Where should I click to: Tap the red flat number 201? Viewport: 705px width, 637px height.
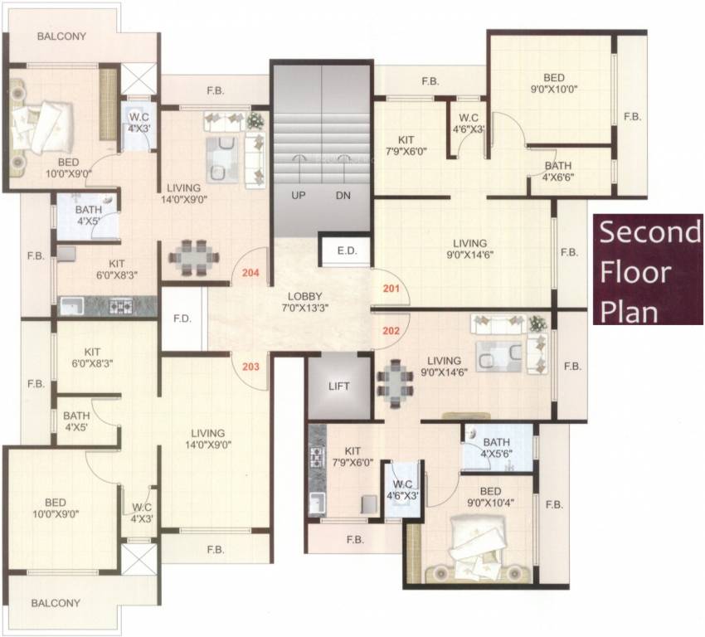pos(391,289)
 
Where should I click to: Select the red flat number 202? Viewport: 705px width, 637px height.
pos(391,329)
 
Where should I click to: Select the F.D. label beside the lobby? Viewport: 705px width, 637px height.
pos(182,318)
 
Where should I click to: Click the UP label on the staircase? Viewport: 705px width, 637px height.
pos(298,197)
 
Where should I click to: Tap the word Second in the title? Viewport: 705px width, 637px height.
pos(649,232)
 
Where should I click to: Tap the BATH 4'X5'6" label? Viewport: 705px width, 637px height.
pos(496,447)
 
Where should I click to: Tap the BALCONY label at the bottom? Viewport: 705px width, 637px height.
pos(56,603)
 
